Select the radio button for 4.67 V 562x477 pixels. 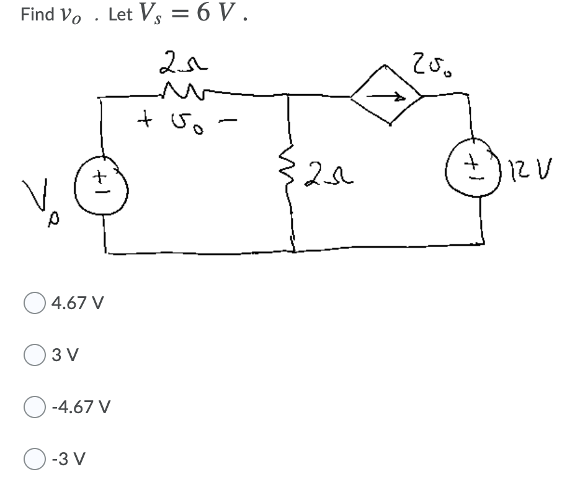[34, 303]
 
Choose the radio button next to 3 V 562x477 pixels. [34, 355]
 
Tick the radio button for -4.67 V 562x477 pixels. [34, 407]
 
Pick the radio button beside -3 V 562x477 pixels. [34, 459]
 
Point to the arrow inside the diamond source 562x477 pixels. [386, 96]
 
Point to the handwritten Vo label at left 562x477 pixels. [40, 202]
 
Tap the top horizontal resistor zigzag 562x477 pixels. [184, 91]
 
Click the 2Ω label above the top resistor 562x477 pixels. [183, 63]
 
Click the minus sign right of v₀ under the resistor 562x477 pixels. [228, 121]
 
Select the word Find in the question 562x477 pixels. [37, 14]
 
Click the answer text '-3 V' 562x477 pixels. [68, 459]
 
